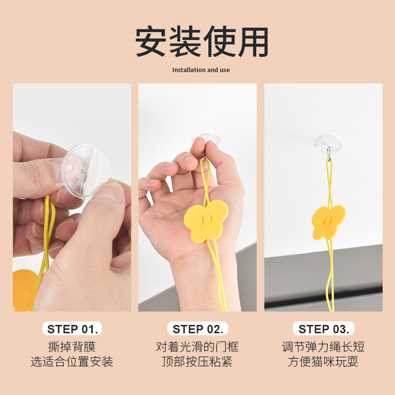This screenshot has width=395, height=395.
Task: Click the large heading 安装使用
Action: click(x=201, y=41)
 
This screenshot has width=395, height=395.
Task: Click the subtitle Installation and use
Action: click(x=201, y=70)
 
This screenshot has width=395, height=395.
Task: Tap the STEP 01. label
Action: click(x=72, y=329)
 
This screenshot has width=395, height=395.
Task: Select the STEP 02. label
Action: click(x=198, y=329)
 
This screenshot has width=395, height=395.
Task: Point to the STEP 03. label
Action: click(x=324, y=329)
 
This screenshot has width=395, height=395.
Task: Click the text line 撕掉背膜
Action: click(x=72, y=347)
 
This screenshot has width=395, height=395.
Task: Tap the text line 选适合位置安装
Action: click(x=72, y=361)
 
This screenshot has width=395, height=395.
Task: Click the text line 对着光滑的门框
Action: click(x=197, y=347)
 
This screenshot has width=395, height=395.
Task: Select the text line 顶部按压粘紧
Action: click(x=197, y=361)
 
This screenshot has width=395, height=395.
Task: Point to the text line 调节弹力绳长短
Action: click(x=323, y=347)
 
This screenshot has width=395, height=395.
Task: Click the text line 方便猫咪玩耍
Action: click(x=323, y=361)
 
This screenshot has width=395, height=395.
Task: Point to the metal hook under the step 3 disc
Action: click(x=329, y=153)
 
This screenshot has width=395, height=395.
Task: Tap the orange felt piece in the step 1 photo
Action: click(x=25, y=290)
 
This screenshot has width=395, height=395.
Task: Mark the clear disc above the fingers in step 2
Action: click(x=206, y=139)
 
